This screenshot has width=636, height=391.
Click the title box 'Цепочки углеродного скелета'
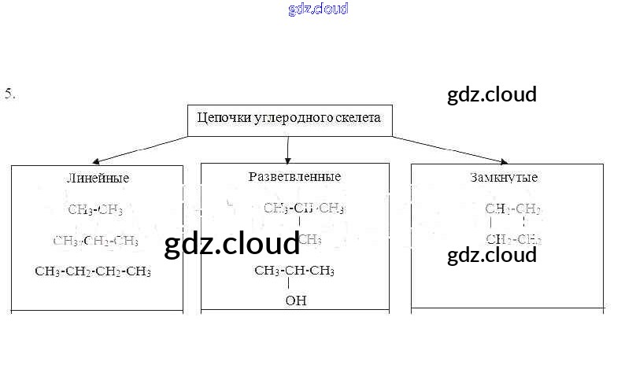point(288,120)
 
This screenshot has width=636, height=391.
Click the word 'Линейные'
point(98,179)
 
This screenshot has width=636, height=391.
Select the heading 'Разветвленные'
point(294,176)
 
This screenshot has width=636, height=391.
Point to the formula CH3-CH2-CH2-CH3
point(93,271)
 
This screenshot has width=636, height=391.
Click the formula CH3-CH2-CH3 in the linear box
point(95,240)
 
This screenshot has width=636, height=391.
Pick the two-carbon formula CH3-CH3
point(95,209)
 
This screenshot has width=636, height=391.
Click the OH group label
point(296,300)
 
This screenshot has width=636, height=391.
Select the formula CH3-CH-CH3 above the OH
point(294,271)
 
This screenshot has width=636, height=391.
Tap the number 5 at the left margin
point(9,94)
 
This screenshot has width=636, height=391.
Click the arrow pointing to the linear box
point(94,160)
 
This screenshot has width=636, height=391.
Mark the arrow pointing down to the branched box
point(288,157)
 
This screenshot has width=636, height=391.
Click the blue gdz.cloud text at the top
point(318,9)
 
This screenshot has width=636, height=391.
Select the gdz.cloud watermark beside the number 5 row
point(491,95)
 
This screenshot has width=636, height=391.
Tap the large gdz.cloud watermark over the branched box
point(232,245)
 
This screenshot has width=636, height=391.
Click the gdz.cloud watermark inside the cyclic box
point(491,255)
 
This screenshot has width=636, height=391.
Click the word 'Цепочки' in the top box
point(220,119)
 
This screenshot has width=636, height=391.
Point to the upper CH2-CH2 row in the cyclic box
point(512,209)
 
